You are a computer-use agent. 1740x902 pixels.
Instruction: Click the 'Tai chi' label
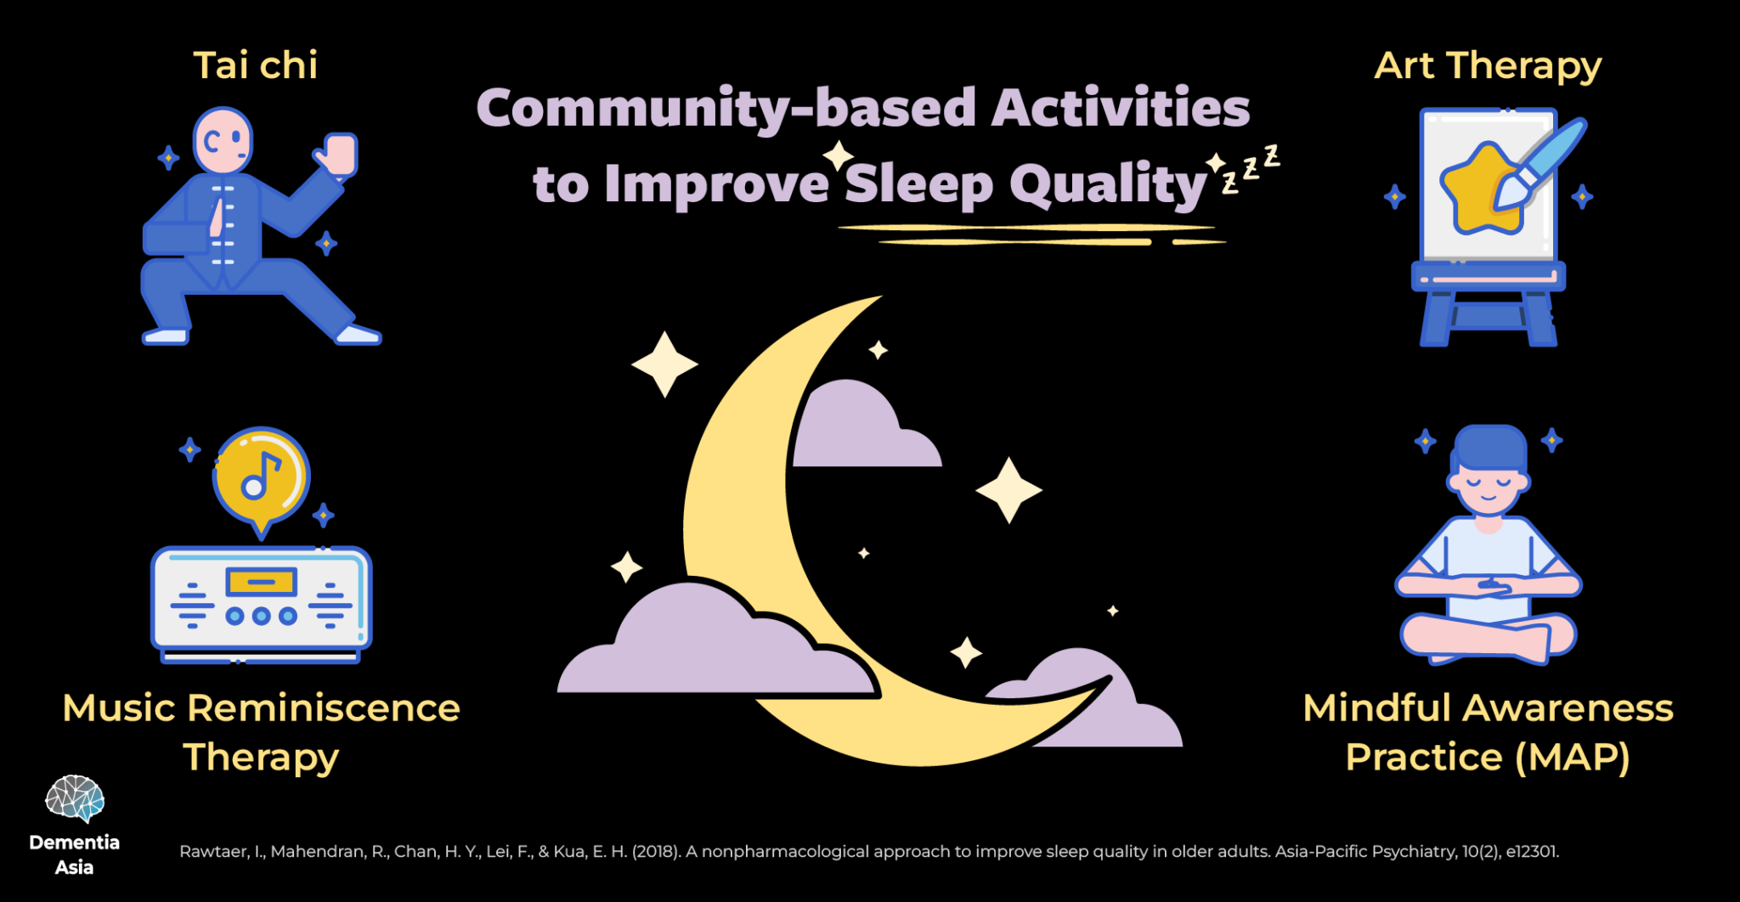coord(255,65)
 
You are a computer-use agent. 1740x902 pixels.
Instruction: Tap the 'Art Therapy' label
coord(1488,66)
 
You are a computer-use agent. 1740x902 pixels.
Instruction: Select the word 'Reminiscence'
coord(324,708)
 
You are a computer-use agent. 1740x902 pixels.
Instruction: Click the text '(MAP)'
coord(1573,758)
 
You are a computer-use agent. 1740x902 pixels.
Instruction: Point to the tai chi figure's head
coord(223,141)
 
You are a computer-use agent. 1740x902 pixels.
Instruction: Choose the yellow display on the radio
coord(261,583)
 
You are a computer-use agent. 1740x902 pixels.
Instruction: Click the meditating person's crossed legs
coord(1488,637)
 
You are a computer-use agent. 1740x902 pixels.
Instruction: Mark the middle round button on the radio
coord(261,616)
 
